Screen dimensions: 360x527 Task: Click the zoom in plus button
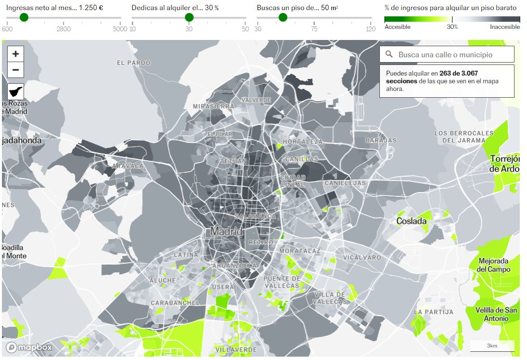pos(15,54)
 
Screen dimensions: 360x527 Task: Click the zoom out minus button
pos(15,70)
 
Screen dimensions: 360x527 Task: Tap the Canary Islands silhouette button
pos(15,91)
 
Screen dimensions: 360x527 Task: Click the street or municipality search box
pos(452,55)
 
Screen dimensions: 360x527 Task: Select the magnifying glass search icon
pos(389,55)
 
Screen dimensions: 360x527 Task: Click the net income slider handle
pos(24,17)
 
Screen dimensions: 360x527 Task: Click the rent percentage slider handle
pos(189,17)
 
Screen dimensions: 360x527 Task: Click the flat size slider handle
pos(283,17)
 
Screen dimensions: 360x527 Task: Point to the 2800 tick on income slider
pos(63,29)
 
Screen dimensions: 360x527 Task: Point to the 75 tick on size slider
pos(314,29)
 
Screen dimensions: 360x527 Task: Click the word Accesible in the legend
pos(398,27)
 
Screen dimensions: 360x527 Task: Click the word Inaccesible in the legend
pos(505,27)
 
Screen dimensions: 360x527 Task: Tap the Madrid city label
pos(226,231)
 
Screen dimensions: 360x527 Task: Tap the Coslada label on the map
pos(411,221)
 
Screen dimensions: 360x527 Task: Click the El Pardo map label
pos(134,63)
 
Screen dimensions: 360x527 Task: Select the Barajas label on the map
pos(381,141)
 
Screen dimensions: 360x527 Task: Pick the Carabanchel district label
pos(175,303)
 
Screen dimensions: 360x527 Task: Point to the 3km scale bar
pos(491,346)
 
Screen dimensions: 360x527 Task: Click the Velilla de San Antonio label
pos(496,314)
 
